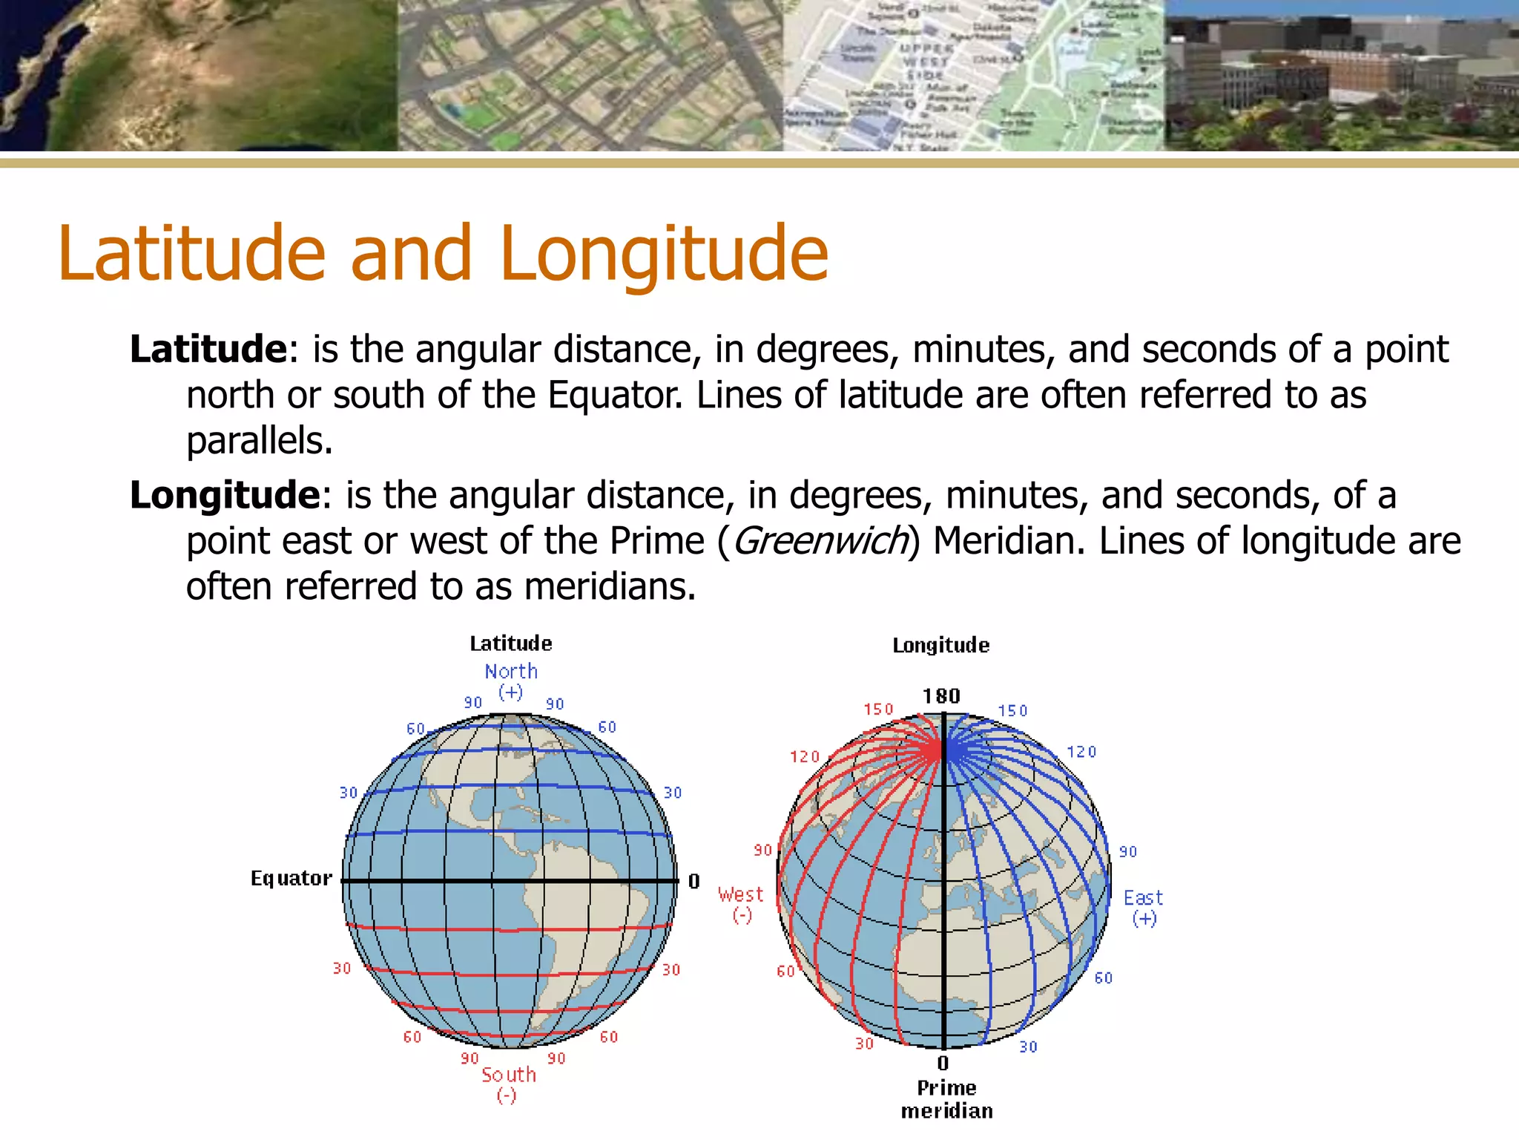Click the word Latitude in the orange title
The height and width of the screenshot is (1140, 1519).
click(191, 254)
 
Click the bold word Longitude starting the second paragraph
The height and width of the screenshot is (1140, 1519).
click(225, 495)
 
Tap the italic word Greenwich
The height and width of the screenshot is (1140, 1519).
click(820, 541)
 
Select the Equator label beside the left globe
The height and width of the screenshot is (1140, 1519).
click(291, 879)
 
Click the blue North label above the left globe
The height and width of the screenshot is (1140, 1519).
click(511, 672)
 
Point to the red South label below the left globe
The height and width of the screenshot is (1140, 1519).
click(509, 1075)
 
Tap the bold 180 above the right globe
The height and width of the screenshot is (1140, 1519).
click(941, 696)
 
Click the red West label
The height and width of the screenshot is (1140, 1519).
click(740, 895)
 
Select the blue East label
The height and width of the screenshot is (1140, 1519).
click(1143, 899)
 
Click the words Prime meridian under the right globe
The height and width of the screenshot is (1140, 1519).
click(947, 1099)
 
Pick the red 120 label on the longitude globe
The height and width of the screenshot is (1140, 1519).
click(805, 757)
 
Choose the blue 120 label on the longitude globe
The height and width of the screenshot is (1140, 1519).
click(1081, 753)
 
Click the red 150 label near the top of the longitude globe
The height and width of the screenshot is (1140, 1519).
click(879, 710)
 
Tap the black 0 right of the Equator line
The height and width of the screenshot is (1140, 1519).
click(694, 882)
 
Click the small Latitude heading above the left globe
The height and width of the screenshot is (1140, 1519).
click(511, 643)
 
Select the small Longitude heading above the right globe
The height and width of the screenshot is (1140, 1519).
click(941, 646)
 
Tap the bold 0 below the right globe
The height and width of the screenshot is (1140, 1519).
click(943, 1064)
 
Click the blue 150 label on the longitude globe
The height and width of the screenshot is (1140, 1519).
click(1012, 711)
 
